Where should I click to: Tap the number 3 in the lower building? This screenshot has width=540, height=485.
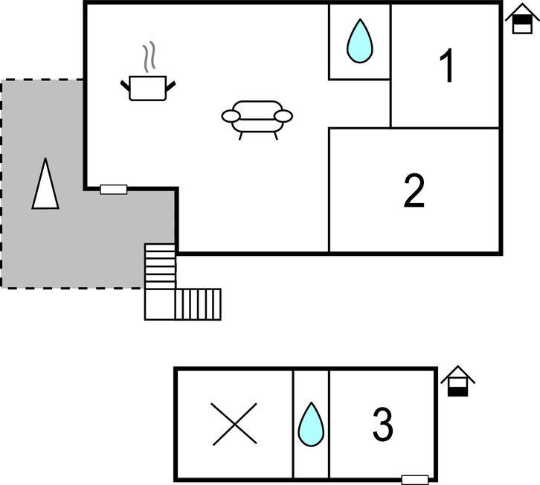(x=382, y=425)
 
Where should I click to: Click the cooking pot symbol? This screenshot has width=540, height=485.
(x=150, y=87)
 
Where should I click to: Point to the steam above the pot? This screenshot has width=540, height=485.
(x=150, y=57)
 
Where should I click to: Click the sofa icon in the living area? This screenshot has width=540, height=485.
(x=257, y=118)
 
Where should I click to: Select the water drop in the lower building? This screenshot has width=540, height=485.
(x=311, y=425)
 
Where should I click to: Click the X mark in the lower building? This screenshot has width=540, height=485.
(x=234, y=425)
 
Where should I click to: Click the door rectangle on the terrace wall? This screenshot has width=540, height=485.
(x=114, y=190)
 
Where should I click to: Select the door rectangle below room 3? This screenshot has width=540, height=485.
(x=415, y=479)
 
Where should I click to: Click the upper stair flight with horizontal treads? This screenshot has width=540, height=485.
(x=160, y=266)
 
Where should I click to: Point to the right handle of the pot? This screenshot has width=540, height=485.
(x=173, y=84)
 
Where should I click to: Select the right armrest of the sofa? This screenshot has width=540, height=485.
(x=283, y=115)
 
